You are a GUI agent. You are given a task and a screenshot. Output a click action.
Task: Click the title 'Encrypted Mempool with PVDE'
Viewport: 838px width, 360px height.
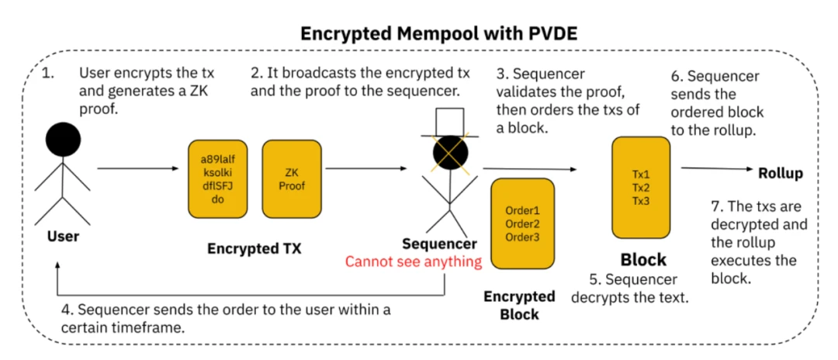(x=419, y=33)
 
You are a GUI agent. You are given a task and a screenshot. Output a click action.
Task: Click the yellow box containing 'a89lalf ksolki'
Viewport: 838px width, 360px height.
(x=217, y=179)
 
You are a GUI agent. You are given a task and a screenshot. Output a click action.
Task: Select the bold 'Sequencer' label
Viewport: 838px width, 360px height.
(x=439, y=244)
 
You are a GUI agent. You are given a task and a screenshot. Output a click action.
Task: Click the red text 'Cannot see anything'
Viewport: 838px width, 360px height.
(x=413, y=261)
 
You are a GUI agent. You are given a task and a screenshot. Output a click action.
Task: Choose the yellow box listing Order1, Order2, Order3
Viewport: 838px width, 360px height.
(x=521, y=223)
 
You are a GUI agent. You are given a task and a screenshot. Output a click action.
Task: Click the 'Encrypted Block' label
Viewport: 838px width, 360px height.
(x=519, y=305)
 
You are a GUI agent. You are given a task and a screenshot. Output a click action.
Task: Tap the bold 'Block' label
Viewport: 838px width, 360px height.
(x=643, y=260)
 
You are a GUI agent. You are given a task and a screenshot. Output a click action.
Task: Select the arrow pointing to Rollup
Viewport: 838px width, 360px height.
(x=715, y=169)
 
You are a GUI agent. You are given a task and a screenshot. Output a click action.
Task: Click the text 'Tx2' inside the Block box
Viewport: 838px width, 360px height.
(x=641, y=189)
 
